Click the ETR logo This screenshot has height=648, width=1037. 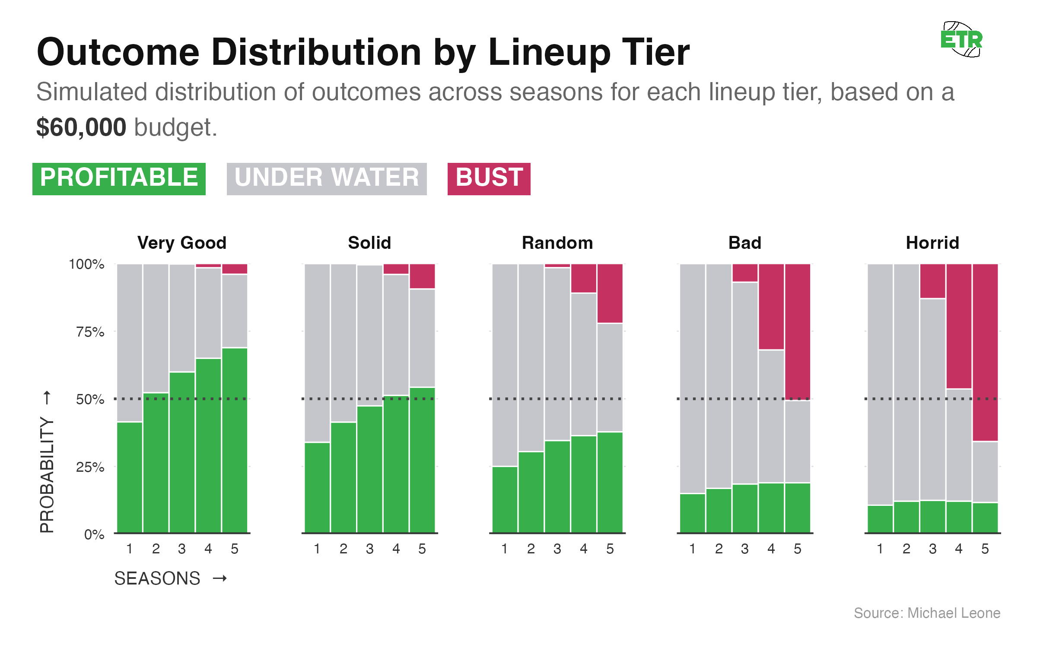[962, 40]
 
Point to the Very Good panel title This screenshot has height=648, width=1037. [182, 243]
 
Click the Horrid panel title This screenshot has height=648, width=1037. [932, 243]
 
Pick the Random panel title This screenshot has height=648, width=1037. [557, 243]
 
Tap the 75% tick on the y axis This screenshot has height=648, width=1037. [90, 332]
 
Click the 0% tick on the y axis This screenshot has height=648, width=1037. [94, 534]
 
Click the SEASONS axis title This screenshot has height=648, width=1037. [157, 578]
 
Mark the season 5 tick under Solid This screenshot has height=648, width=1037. [422, 549]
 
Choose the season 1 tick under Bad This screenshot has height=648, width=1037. [692, 549]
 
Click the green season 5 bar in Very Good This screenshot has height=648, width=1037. [235, 441]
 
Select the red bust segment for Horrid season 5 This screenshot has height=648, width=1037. [985, 352]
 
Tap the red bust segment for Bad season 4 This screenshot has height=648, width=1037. [771, 307]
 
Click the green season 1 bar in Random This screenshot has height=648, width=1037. [505, 500]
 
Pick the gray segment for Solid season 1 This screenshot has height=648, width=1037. [317, 353]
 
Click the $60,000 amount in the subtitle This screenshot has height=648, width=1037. [81, 127]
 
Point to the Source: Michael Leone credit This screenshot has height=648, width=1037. [927, 613]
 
